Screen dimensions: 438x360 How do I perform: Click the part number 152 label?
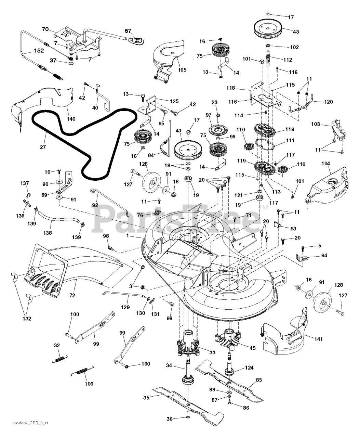pyautogui.click(x=38, y=51)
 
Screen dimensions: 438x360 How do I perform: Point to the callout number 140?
pyautogui.click(x=71, y=119)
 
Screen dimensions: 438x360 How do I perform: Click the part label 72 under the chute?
pyautogui.click(x=72, y=295)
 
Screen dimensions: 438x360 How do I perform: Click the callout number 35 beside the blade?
pyautogui.click(x=146, y=397)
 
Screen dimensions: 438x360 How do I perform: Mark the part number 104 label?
pyautogui.click(x=325, y=164)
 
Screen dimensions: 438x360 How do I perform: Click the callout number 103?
pyautogui.click(x=316, y=125)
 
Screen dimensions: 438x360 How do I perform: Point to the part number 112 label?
pyautogui.click(x=288, y=60)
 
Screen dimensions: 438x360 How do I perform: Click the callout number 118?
pyautogui.click(x=240, y=88)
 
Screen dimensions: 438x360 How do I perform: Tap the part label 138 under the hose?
pyautogui.click(x=48, y=233)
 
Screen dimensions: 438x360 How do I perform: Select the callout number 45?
pyautogui.click(x=252, y=348)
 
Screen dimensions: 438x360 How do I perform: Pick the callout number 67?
pyautogui.click(x=128, y=31)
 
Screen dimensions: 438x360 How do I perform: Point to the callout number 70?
pyautogui.click(x=45, y=29)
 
